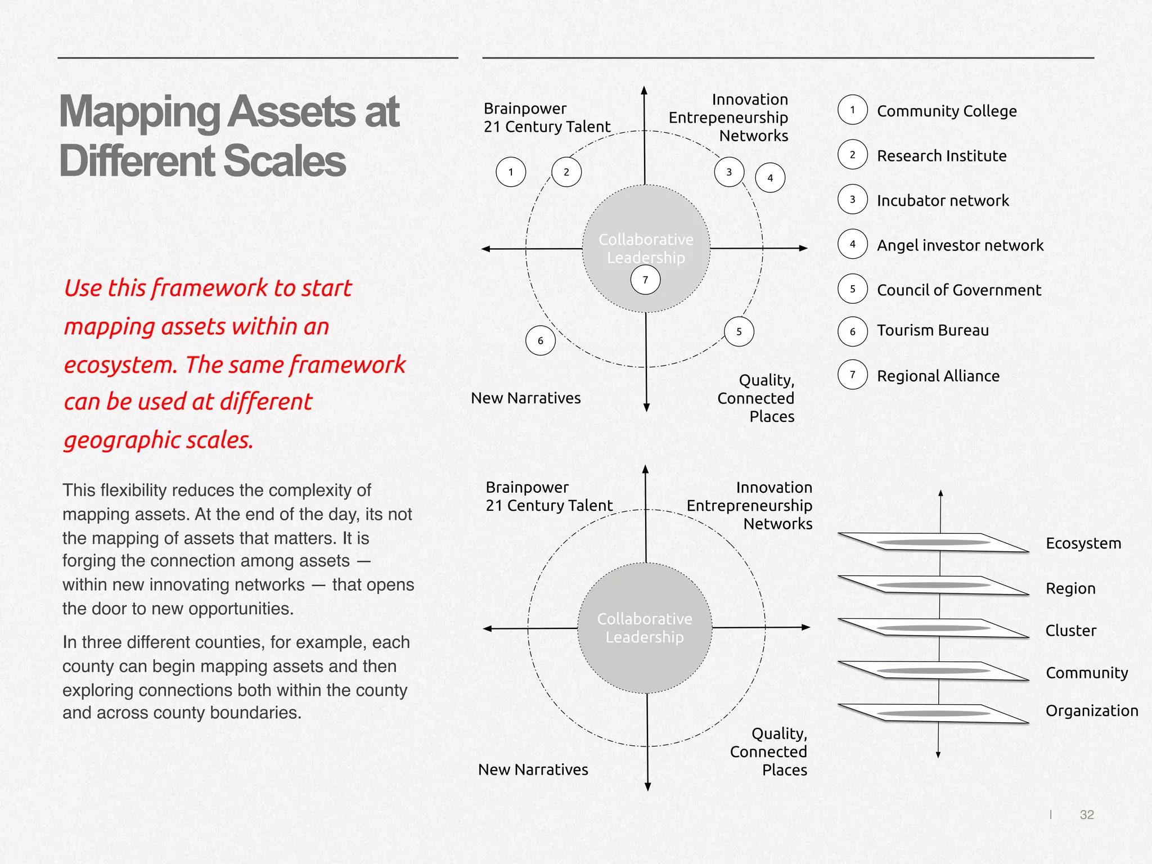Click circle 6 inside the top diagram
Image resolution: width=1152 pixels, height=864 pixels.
[x=540, y=340]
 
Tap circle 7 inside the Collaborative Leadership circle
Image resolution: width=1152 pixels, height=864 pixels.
[x=645, y=280]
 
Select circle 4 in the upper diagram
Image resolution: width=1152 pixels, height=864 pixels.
[x=770, y=178]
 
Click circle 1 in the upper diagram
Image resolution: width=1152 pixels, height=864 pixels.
[x=511, y=172]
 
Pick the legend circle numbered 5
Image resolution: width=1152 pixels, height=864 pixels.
[x=852, y=289]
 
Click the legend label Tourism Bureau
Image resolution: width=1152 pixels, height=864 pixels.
[x=933, y=330]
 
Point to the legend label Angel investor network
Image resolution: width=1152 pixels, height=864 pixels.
[x=960, y=245]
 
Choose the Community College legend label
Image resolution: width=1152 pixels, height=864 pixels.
[x=947, y=111]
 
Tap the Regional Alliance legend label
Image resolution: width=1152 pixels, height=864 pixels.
[x=938, y=376]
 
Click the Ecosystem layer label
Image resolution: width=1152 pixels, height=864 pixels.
[x=1083, y=543]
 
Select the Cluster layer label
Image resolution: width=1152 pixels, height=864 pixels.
[x=1070, y=631]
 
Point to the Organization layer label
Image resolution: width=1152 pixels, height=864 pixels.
[x=1091, y=711]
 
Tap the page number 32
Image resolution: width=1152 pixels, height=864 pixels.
[x=1087, y=814]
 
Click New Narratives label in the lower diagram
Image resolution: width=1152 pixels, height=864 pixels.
[x=533, y=769]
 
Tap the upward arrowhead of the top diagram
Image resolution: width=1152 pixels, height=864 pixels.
[x=644, y=90]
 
